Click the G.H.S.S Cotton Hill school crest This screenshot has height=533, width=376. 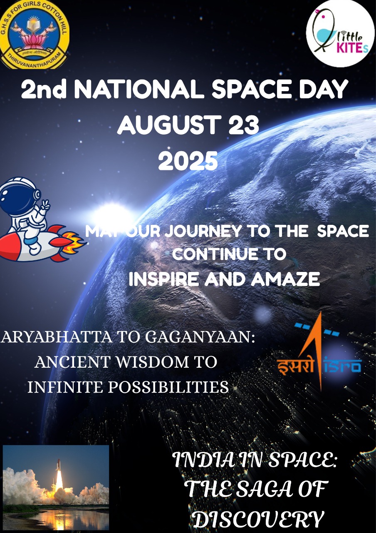(x=35, y=35)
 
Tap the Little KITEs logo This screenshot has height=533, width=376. (x=340, y=34)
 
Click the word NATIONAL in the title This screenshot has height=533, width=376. (x=139, y=89)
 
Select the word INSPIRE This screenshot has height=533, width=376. (x=163, y=279)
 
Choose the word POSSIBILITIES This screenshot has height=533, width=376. (x=168, y=387)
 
